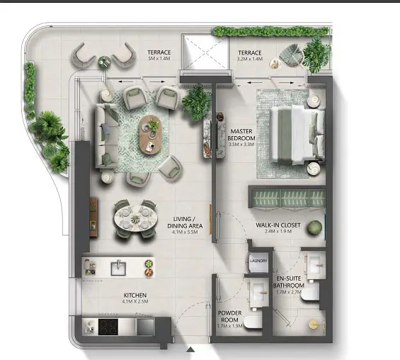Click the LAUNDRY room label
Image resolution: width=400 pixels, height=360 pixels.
coord(258,261)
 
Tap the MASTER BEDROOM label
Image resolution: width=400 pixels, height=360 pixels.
coord(241,135)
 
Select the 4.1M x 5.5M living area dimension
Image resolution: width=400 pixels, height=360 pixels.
coord(185,232)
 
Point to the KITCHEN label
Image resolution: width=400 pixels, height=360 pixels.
coord(135,295)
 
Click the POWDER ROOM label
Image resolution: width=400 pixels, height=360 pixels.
coord(229,316)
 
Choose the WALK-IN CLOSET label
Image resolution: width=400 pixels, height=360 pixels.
coord(278,225)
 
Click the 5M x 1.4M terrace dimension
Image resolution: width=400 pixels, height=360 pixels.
coord(159,59)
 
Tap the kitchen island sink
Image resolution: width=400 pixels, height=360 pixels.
coord(118,268)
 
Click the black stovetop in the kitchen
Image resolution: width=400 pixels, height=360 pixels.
coord(108,327)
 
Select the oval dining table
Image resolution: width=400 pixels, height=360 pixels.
coord(135,218)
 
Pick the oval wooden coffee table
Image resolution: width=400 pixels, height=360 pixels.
coord(150,135)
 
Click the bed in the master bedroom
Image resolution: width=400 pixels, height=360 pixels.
coord(297,135)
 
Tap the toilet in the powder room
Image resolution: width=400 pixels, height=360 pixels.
coord(253,322)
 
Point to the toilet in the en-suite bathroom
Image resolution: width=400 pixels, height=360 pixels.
coord(310,295)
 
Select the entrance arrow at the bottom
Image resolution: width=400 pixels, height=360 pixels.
coord(190,349)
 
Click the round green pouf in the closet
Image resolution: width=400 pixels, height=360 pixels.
coord(314,227)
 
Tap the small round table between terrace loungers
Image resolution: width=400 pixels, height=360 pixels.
coord(104,62)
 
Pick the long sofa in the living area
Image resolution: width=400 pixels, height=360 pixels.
coord(106,135)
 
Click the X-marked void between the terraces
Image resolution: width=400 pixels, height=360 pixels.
coord(205,52)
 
